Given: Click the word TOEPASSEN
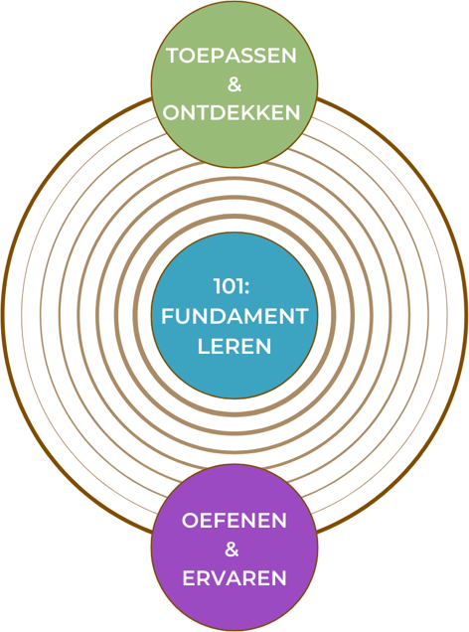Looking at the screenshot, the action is (232, 56).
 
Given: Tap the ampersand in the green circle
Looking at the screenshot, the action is (234, 84).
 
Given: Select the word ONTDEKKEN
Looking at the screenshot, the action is (232, 113).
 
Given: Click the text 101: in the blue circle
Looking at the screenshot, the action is (232, 287).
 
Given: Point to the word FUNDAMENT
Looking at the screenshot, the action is (234, 316).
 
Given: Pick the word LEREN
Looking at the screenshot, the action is (234, 346).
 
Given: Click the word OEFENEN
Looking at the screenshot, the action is (234, 521).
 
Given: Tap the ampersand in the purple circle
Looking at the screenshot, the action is (232, 549).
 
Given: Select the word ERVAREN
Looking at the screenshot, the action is (234, 578).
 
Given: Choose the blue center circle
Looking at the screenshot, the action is (234, 316).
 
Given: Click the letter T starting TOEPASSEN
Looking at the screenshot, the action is (173, 56).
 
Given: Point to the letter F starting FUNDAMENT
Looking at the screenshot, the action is (168, 316).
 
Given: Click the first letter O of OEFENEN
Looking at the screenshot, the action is (191, 521).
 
